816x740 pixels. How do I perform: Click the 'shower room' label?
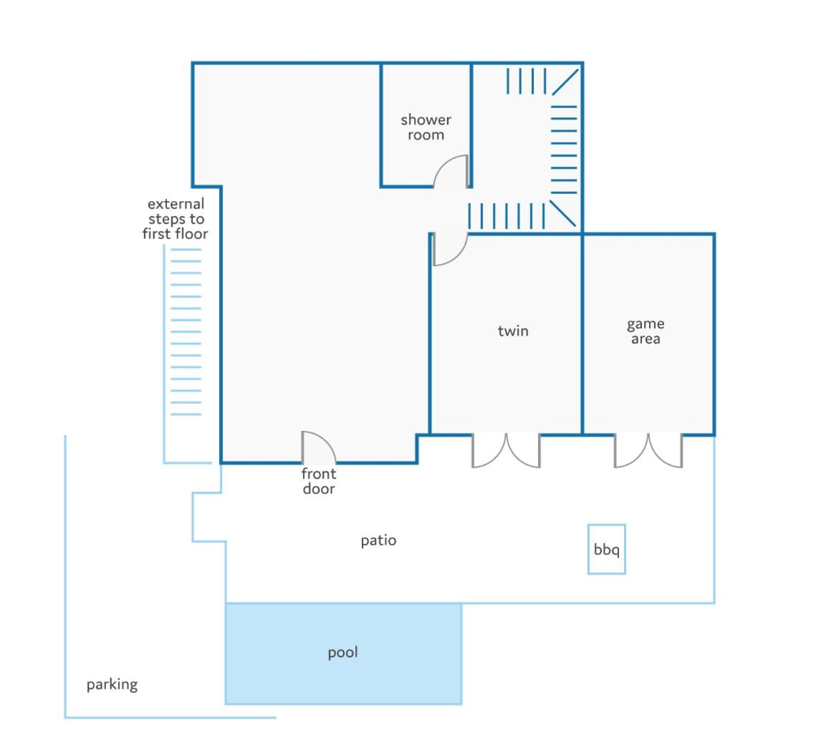(x=426, y=127)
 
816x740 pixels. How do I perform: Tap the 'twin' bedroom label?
(x=513, y=331)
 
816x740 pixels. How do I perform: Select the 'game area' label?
(x=645, y=331)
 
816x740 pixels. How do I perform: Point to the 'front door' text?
(x=319, y=481)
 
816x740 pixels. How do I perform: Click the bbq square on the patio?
(x=606, y=525)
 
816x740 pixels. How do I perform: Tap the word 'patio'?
(x=378, y=541)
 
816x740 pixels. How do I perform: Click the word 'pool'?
(x=342, y=653)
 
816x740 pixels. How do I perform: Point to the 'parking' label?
(x=112, y=684)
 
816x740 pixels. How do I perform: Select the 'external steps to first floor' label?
(x=176, y=218)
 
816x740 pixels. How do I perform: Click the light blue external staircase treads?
(x=186, y=332)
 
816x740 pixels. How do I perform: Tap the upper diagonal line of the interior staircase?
(x=565, y=82)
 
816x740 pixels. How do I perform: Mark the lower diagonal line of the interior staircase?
(x=562, y=213)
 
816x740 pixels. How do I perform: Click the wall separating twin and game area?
(x=582, y=334)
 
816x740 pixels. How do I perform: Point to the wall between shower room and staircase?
(x=471, y=125)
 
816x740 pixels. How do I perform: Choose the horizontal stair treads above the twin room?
(x=507, y=216)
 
